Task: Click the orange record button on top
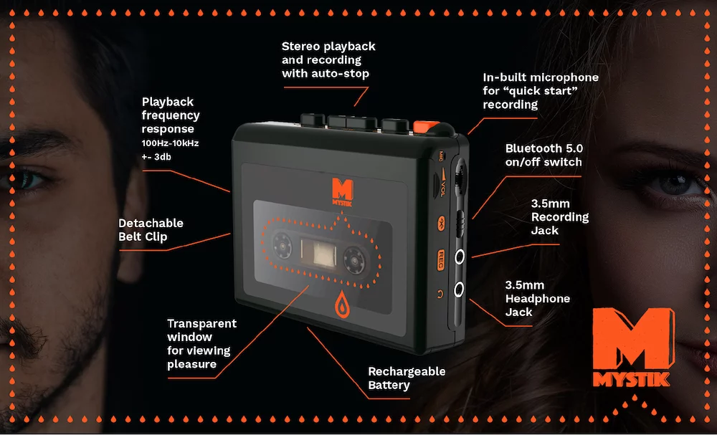(425, 128)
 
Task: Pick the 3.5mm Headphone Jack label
(538, 298)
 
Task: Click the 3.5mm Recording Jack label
(559, 217)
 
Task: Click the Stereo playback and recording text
(328, 59)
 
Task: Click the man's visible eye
(29, 177)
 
